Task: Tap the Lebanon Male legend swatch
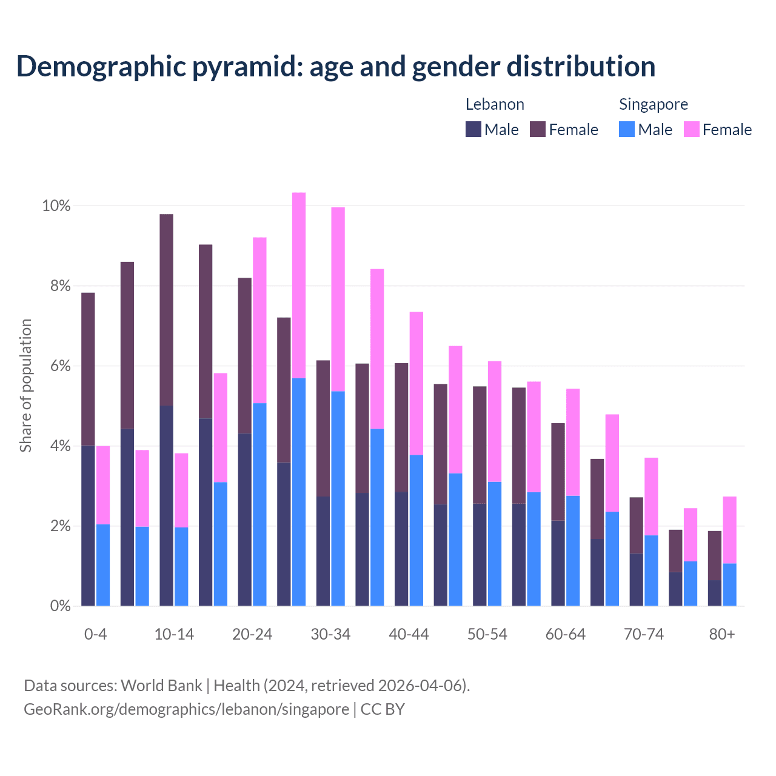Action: point(473,129)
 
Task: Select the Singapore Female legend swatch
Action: point(691,129)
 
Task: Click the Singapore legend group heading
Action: point(653,104)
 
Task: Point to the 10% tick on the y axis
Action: point(56,206)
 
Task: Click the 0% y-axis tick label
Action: point(60,606)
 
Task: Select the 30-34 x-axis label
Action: point(330,634)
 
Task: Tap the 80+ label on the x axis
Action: point(721,634)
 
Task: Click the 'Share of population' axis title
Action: point(26,386)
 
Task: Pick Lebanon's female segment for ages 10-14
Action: point(166,310)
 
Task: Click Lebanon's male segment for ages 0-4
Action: point(88,525)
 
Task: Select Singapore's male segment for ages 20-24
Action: point(259,504)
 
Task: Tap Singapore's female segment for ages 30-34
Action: point(338,299)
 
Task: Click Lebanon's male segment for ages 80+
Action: point(715,593)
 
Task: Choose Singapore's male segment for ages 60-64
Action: point(573,550)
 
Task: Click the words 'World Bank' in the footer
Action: point(161,686)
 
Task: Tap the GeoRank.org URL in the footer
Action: point(186,709)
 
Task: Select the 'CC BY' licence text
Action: point(383,709)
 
